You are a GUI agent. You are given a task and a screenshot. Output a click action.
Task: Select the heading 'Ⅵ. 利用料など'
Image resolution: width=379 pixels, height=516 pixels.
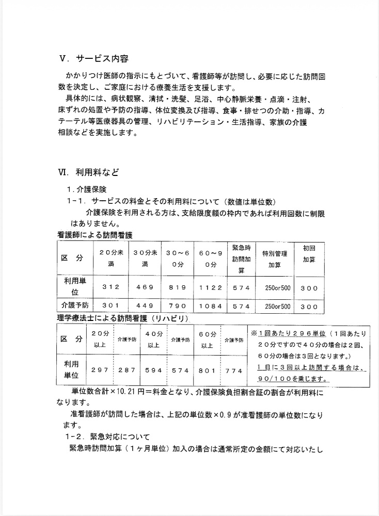pos(91,172)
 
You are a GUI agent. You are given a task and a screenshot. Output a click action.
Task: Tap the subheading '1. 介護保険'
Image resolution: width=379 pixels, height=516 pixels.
pos(89,189)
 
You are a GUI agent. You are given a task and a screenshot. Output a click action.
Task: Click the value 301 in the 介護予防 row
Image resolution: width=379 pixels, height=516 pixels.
pos(111,306)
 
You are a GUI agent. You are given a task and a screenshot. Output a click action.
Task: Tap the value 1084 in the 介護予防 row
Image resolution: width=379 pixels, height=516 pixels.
pos(210,306)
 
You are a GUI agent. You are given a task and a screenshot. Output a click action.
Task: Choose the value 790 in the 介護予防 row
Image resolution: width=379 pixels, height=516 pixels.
pos(178,306)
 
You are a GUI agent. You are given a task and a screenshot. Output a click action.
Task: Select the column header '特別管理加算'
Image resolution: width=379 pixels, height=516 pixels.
pos(274,259)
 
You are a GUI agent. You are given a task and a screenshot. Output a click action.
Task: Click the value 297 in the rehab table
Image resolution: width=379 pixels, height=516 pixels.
pos(100,370)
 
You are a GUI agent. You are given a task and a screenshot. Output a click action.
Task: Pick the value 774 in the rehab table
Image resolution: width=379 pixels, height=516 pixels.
pos(233,370)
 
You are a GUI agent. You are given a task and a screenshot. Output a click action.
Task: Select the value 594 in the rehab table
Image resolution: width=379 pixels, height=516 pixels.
pos(153,370)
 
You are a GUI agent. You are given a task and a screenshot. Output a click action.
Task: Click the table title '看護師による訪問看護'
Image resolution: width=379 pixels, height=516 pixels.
pos(94,235)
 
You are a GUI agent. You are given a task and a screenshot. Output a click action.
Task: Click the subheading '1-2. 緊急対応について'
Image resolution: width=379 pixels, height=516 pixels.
pos(107,437)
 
